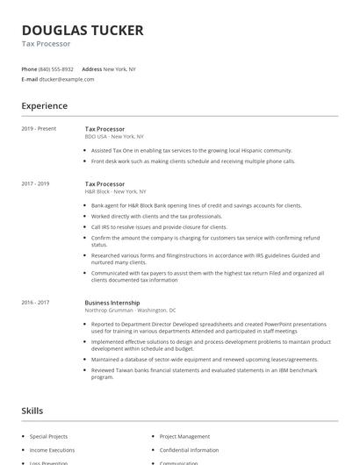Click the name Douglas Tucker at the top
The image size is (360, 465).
click(83, 31)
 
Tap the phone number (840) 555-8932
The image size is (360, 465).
click(57, 68)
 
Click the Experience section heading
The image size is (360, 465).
click(45, 106)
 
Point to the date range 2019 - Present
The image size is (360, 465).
click(39, 128)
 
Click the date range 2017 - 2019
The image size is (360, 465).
click(36, 183)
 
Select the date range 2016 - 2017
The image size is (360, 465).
click(36, 302)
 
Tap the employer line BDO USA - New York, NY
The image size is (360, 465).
click(114, 137)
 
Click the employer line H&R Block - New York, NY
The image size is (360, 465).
click(115, 191)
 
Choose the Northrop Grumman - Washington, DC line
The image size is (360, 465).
click(130, 310)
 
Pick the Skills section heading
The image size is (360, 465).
click(33, 411)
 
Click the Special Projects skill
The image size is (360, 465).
click(48, 436)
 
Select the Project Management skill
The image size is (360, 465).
click(184, 436)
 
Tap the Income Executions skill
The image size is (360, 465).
click(51, 450)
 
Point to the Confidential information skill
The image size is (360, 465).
click(190, 450)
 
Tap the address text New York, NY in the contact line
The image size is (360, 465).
click(119, 68)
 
